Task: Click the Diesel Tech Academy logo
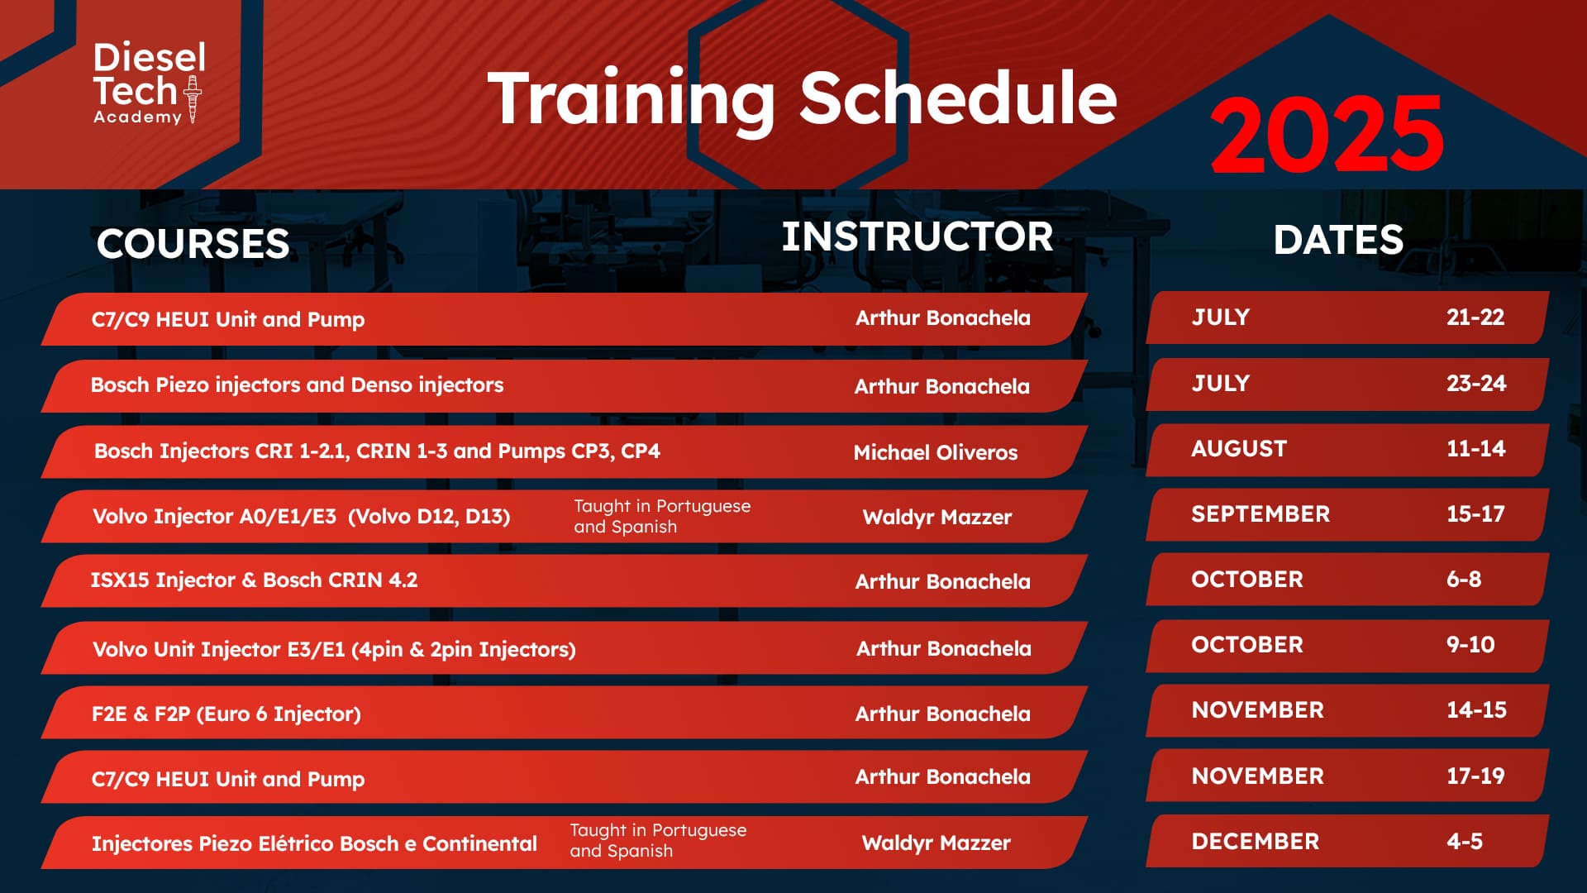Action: click(x=149, y=84)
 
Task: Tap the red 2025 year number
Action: click(x=1327, y=134)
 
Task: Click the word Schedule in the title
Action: click(x=958, y=98)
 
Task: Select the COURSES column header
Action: click(x=193, y=243)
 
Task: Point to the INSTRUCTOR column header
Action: click(x=917, y=236)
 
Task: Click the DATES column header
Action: click(x=1338, y=240)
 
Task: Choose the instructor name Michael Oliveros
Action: click(x=936, y=452)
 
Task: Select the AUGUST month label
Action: click(x=1239, y=448)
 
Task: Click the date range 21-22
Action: click(x=1475, y=317)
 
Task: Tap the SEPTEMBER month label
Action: click(x=1261, y=513)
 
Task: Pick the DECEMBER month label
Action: click(x=1256, y=841)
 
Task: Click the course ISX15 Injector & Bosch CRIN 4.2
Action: click(x=254, y=580)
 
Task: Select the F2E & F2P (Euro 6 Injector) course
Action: click(x=226, y=714)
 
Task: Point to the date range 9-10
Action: click(x=1470, y=644)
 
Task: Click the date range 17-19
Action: click(x=1475, y=776)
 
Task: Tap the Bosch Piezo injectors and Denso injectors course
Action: click(x=297, y=384)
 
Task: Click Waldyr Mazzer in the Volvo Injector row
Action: click(x=937, y=517)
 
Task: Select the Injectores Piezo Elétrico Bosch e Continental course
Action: click(x=314, y=843)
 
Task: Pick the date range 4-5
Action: click(x=1465, y=841)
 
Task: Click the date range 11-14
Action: click(x=1475, y=448)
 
